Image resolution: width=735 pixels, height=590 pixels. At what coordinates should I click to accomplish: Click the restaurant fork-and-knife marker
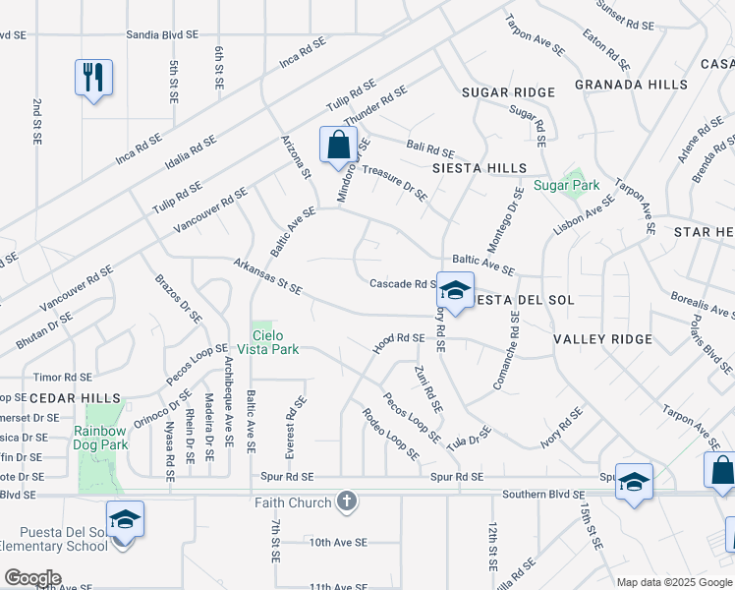click(93, 77)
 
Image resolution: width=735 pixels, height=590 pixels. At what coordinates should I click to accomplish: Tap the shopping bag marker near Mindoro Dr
click(338, 144)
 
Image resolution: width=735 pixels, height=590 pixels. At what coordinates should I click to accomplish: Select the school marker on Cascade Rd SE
click(455, 290)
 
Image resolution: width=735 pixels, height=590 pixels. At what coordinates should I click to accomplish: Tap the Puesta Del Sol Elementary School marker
click(125, 518)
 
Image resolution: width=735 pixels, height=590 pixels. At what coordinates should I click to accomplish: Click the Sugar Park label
click(566, 185)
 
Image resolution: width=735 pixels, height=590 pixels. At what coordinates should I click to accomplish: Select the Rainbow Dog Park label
click(99, 438)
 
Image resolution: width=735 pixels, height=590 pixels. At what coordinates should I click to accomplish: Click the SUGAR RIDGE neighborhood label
click(508, 92)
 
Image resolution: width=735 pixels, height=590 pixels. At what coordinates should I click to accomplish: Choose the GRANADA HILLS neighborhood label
click(631, 85)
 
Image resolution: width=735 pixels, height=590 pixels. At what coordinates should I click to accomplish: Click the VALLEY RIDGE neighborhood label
click(602, 339)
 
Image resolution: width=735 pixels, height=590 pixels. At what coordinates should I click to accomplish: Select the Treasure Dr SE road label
click(394, 182)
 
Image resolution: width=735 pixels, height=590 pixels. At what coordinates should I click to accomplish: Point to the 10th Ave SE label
click(337, 542)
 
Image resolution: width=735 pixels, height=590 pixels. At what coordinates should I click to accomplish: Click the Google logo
click(32, 578)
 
